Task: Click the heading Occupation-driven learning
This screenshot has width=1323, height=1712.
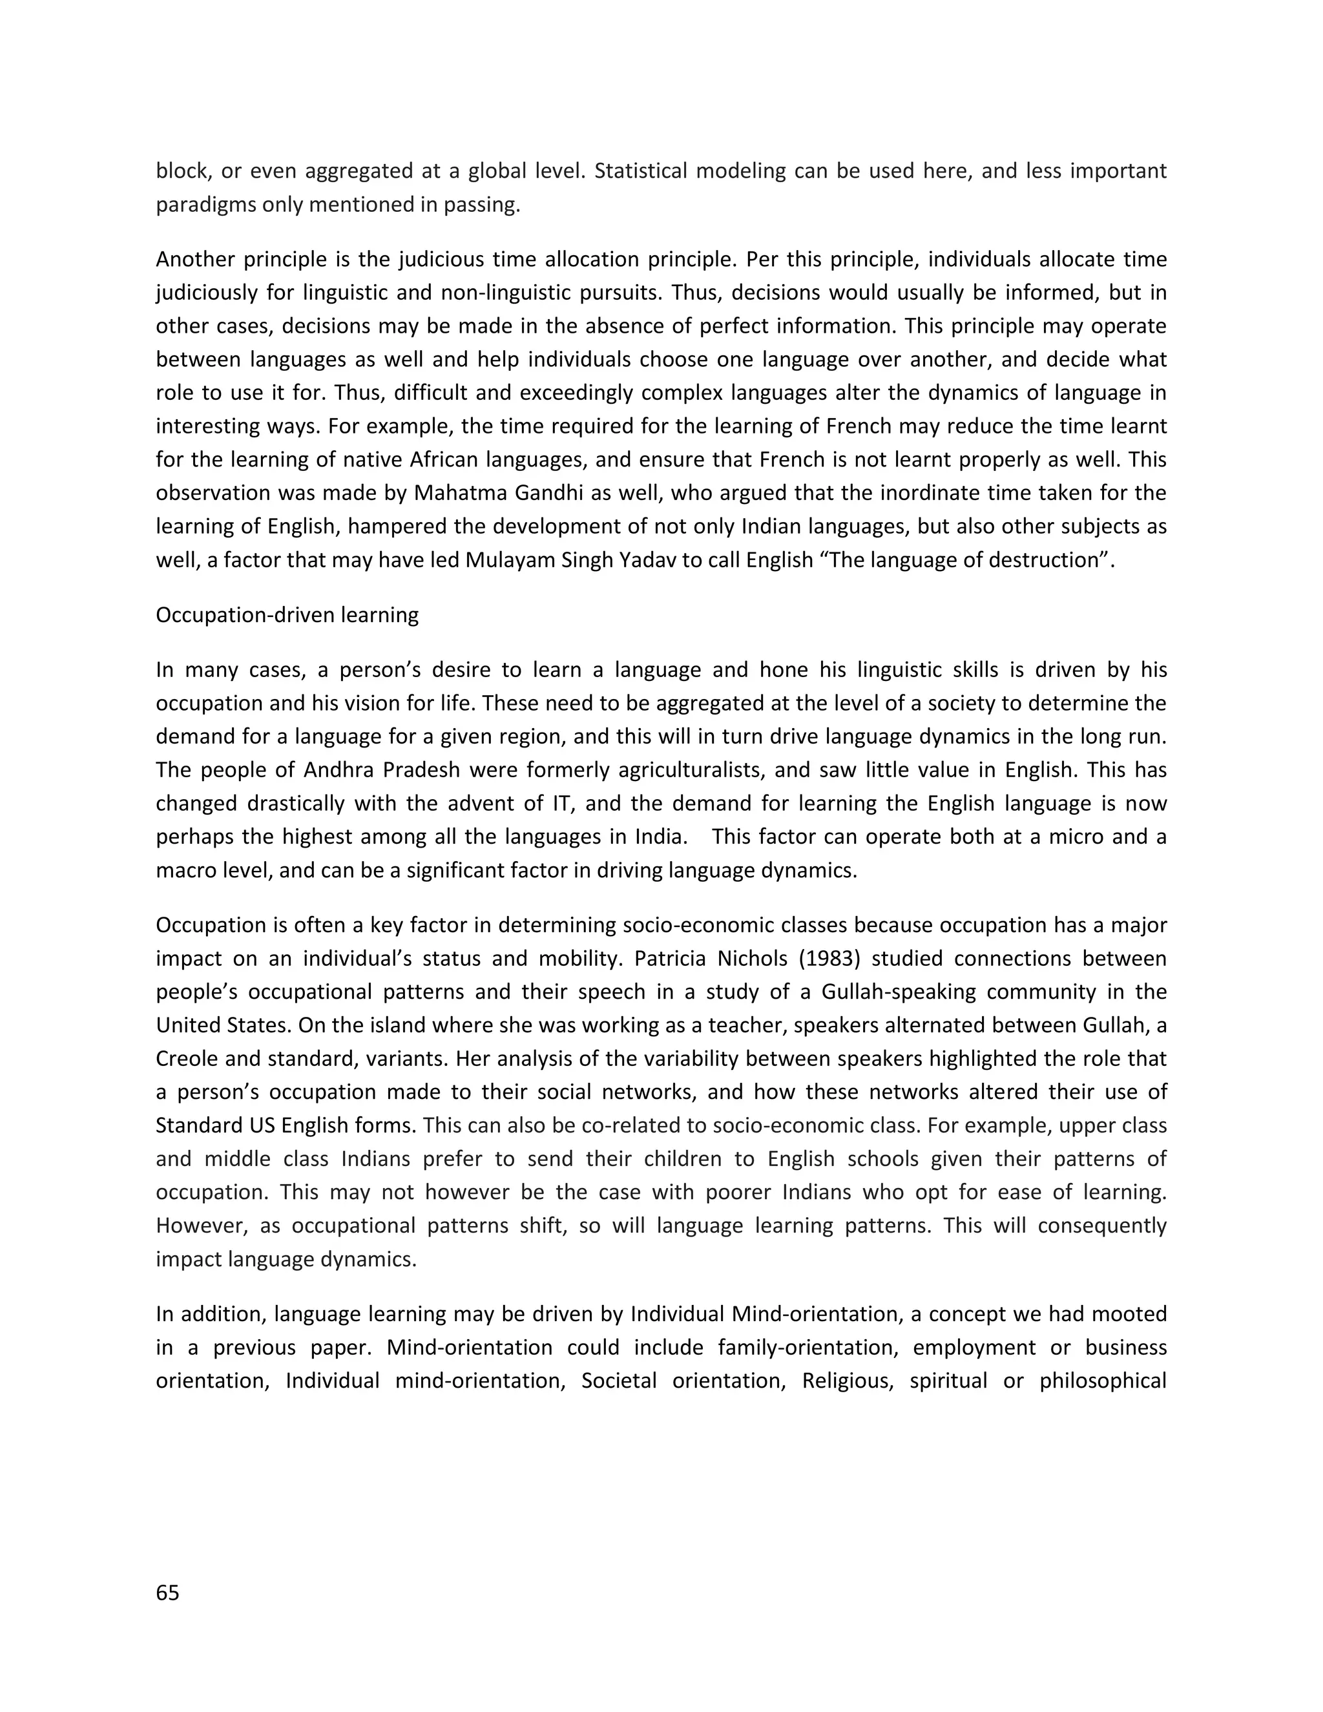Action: point(287,614)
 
